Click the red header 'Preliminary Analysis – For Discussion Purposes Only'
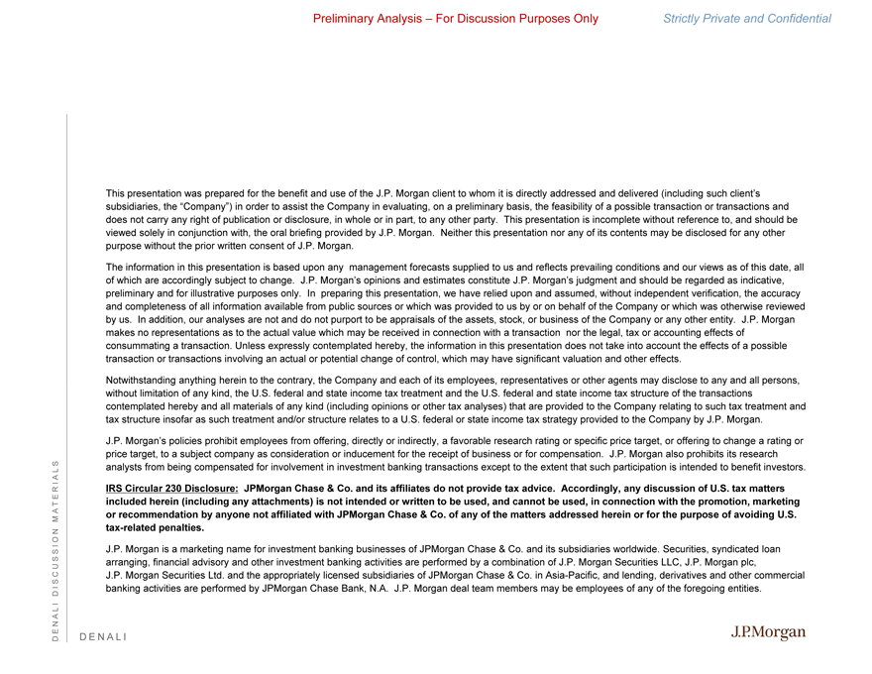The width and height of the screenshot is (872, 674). [x=455, y=19]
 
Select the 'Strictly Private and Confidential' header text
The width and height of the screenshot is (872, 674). [x=747, y=19]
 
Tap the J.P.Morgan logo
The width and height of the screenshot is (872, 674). [x=768, y=632]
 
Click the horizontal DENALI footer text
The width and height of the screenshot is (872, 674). [x=103, y=636]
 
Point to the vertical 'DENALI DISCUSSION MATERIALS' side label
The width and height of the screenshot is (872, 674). [x=57, y=548]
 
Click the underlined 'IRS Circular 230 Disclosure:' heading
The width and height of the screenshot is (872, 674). [x=171, y=489]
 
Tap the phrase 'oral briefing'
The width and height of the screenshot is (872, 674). [x=284, y=232]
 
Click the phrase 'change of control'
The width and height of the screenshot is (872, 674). [x=477, y=358]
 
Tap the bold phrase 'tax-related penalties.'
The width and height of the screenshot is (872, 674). [x=155, y=527]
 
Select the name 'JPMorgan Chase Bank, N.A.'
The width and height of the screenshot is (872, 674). [x=319, y=588]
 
